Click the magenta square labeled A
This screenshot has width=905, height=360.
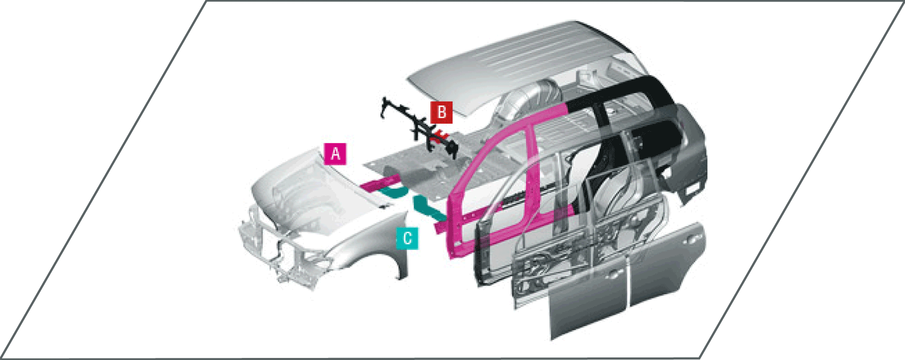(335, 153)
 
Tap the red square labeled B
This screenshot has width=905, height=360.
(442, 112)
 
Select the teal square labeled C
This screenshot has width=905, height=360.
(407, 238)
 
